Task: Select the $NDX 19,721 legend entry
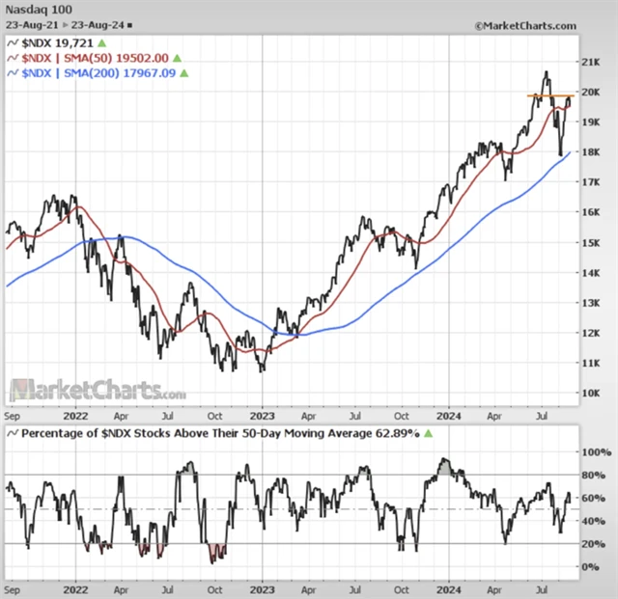pos(58,43)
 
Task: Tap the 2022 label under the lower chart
pos(77,586)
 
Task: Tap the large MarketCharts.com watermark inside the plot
pos(98,391)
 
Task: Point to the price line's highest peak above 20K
pos(547,72)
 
